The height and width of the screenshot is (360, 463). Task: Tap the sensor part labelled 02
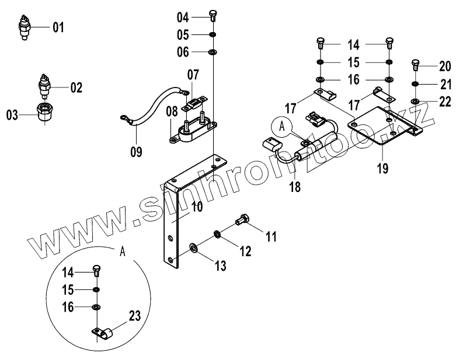click(43, 86)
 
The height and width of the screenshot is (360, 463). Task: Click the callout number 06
click(183, 53)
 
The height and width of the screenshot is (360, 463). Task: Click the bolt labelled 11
click(242, 222)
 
